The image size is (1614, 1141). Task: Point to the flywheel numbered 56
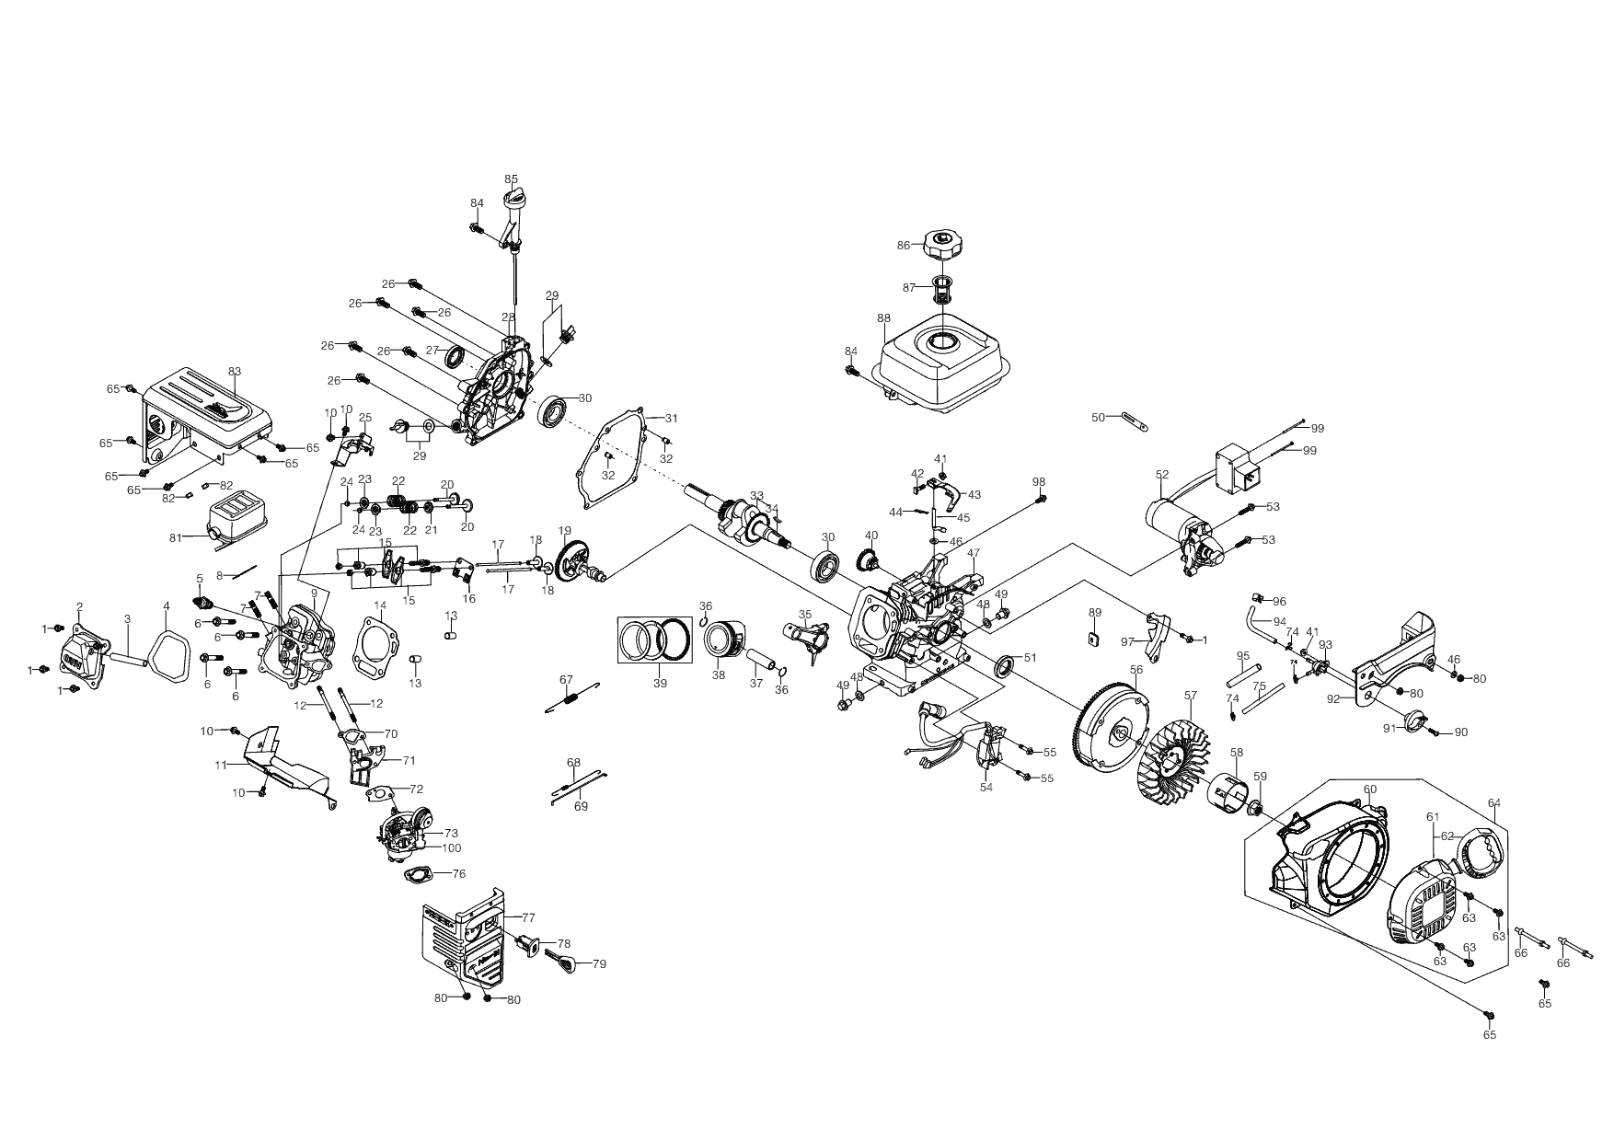1117,731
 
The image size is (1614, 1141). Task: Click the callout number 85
512,179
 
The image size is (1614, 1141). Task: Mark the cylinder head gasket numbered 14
381,644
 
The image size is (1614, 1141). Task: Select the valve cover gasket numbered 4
167,651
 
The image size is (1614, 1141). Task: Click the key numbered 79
563,962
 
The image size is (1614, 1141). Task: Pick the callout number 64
1493,803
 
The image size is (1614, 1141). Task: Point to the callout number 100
452,847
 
